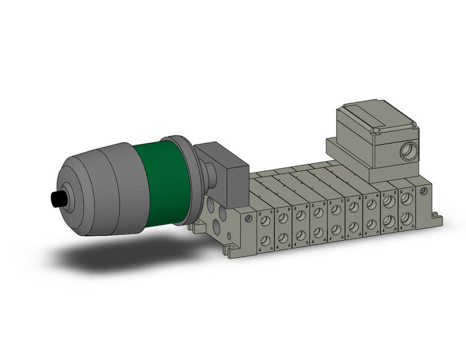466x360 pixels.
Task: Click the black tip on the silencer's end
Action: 58,199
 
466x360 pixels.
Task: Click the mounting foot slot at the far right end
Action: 438,216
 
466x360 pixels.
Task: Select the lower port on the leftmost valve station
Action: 265,239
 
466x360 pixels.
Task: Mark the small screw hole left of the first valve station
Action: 247,218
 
